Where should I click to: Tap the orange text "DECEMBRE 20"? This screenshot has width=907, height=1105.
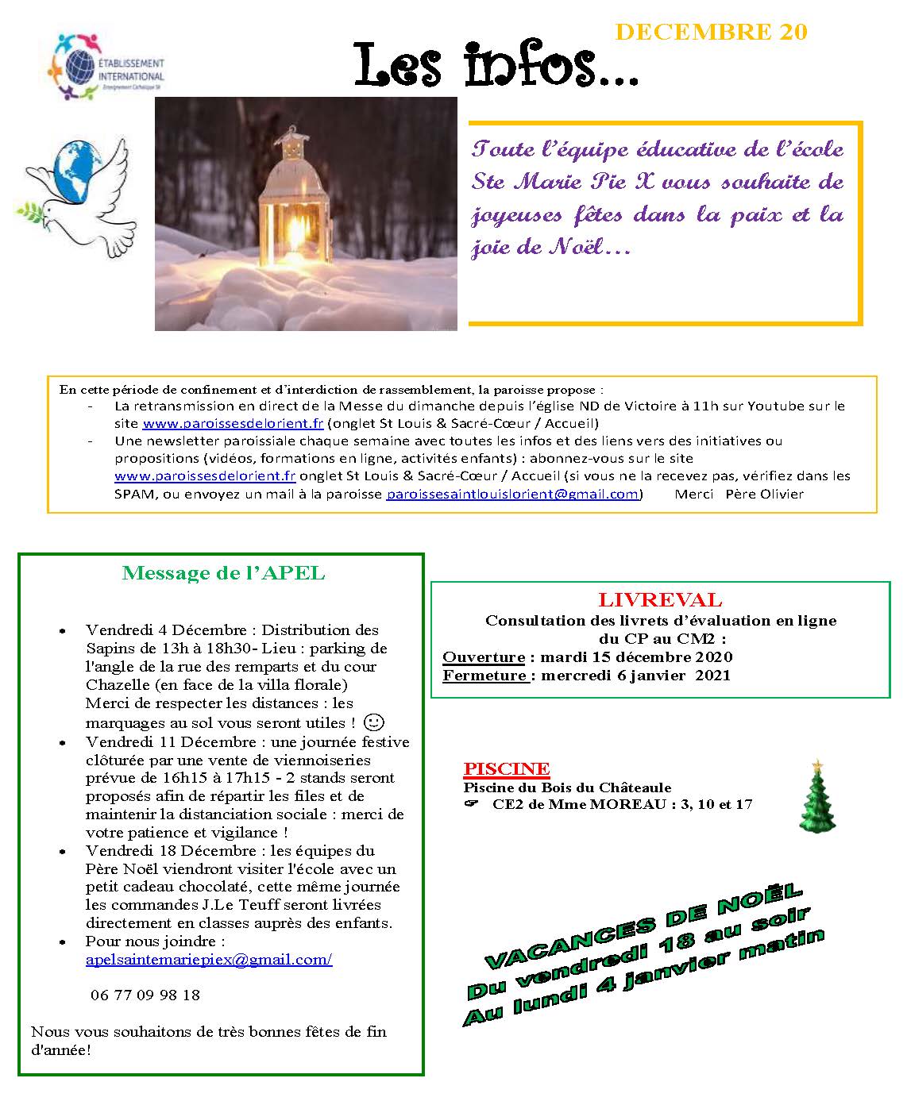click(x=711, y=32)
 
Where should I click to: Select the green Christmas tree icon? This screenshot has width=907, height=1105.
click(x=817, y=796)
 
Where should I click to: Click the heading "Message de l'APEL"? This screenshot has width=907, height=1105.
click(x=223, y=574)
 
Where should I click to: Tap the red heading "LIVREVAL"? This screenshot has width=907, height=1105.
click(x=660, y=601)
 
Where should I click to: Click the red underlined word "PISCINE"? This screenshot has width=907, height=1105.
click(x=506, y=768)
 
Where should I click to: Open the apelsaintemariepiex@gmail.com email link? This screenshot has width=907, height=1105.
click(x=208, y=960)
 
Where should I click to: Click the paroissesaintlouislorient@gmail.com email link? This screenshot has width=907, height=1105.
click(x=512, y=494)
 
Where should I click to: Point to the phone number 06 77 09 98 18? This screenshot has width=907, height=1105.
click(x=145, y=995)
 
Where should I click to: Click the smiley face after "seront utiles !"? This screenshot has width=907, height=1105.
click(x=372, y=722)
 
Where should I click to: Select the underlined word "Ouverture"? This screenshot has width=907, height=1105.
click(x=484, y=657)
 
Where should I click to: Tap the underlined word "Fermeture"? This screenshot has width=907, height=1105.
click(x=485, y=676)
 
